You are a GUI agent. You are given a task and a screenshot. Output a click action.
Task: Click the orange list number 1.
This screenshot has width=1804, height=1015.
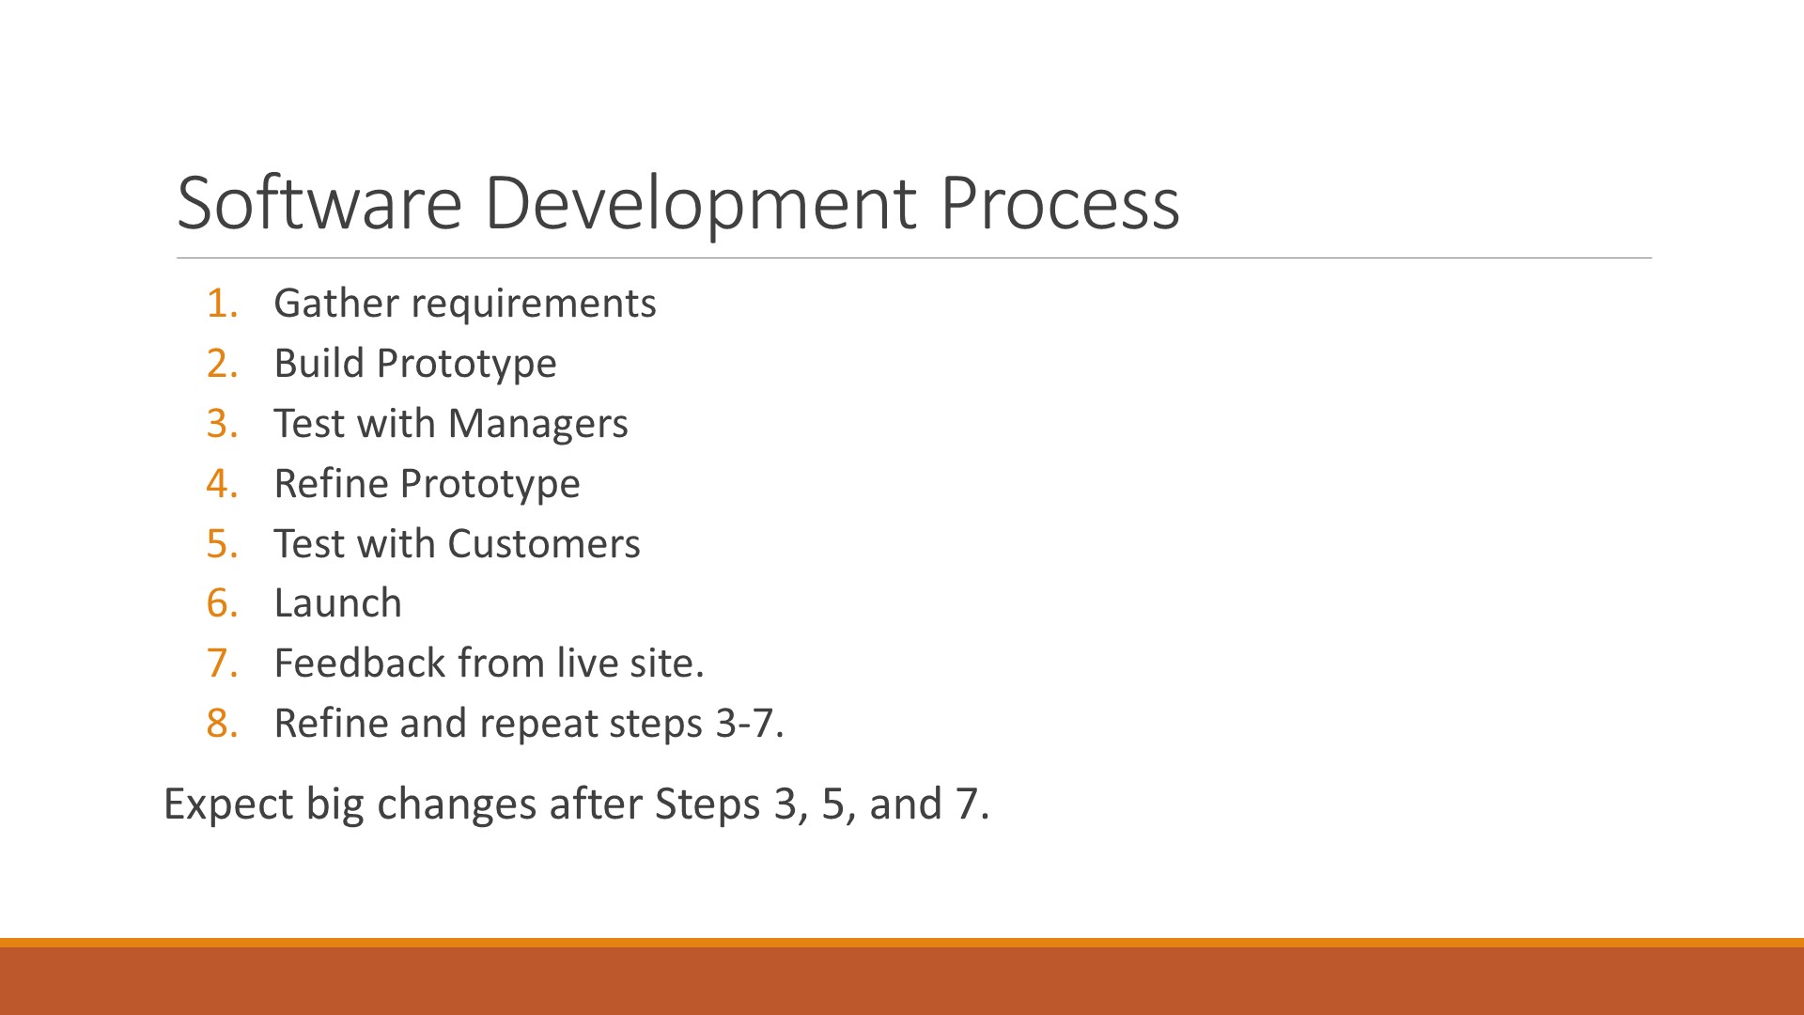pyautogui.click(x=222, y=304)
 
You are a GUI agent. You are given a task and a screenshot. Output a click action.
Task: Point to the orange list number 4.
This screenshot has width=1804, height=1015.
pyautogui.click(x=222, y=484)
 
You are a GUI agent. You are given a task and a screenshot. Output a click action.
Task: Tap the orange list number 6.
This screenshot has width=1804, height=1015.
pyautogui.click(x=222, y=603)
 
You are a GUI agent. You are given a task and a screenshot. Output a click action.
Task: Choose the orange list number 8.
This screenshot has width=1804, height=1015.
pyautogui.click(x=222, y=724)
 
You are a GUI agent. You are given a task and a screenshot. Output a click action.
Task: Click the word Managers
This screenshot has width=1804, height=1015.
pyautogui.click(x=537, y=425)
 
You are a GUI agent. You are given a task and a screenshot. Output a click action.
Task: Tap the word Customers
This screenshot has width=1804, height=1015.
pyautogui.click(x=544, y=544)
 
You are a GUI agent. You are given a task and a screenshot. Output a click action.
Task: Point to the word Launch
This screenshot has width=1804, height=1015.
pyautogui.click(x=338, y=603)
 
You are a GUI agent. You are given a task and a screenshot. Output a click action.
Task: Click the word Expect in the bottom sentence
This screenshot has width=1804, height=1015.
pyautogui.click(x=228, y=805)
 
